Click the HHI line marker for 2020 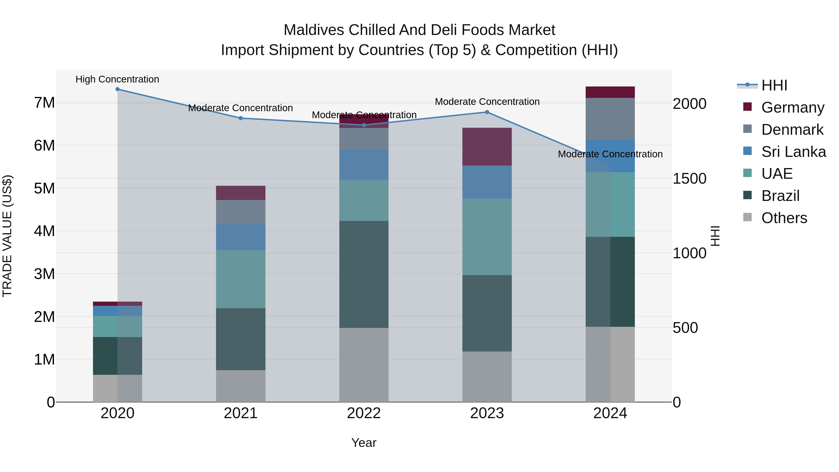pyautogui.click(x=118, y=89)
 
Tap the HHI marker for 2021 pyautogui.click(x=241, y=118)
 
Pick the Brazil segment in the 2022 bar pyautogui.click(x=364, y=274)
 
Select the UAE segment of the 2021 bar pyautogui.click(x=241, y=279)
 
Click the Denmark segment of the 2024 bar pyautogui.click(x=610, y=119)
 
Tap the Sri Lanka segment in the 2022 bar pyautogui.click(x=364, y=165)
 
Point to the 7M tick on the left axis pyautogui.click(x=44, y=103)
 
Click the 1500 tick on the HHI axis pyautogui.click(x=690, y=179)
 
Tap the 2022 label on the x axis pyautogui.click(x=364, y=413)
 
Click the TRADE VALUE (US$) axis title pyautogui.click(x=7, y=236)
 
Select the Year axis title pyautogui.click(x=364, y=443)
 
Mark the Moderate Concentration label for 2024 pyautogui.click(x=610, y=154)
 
